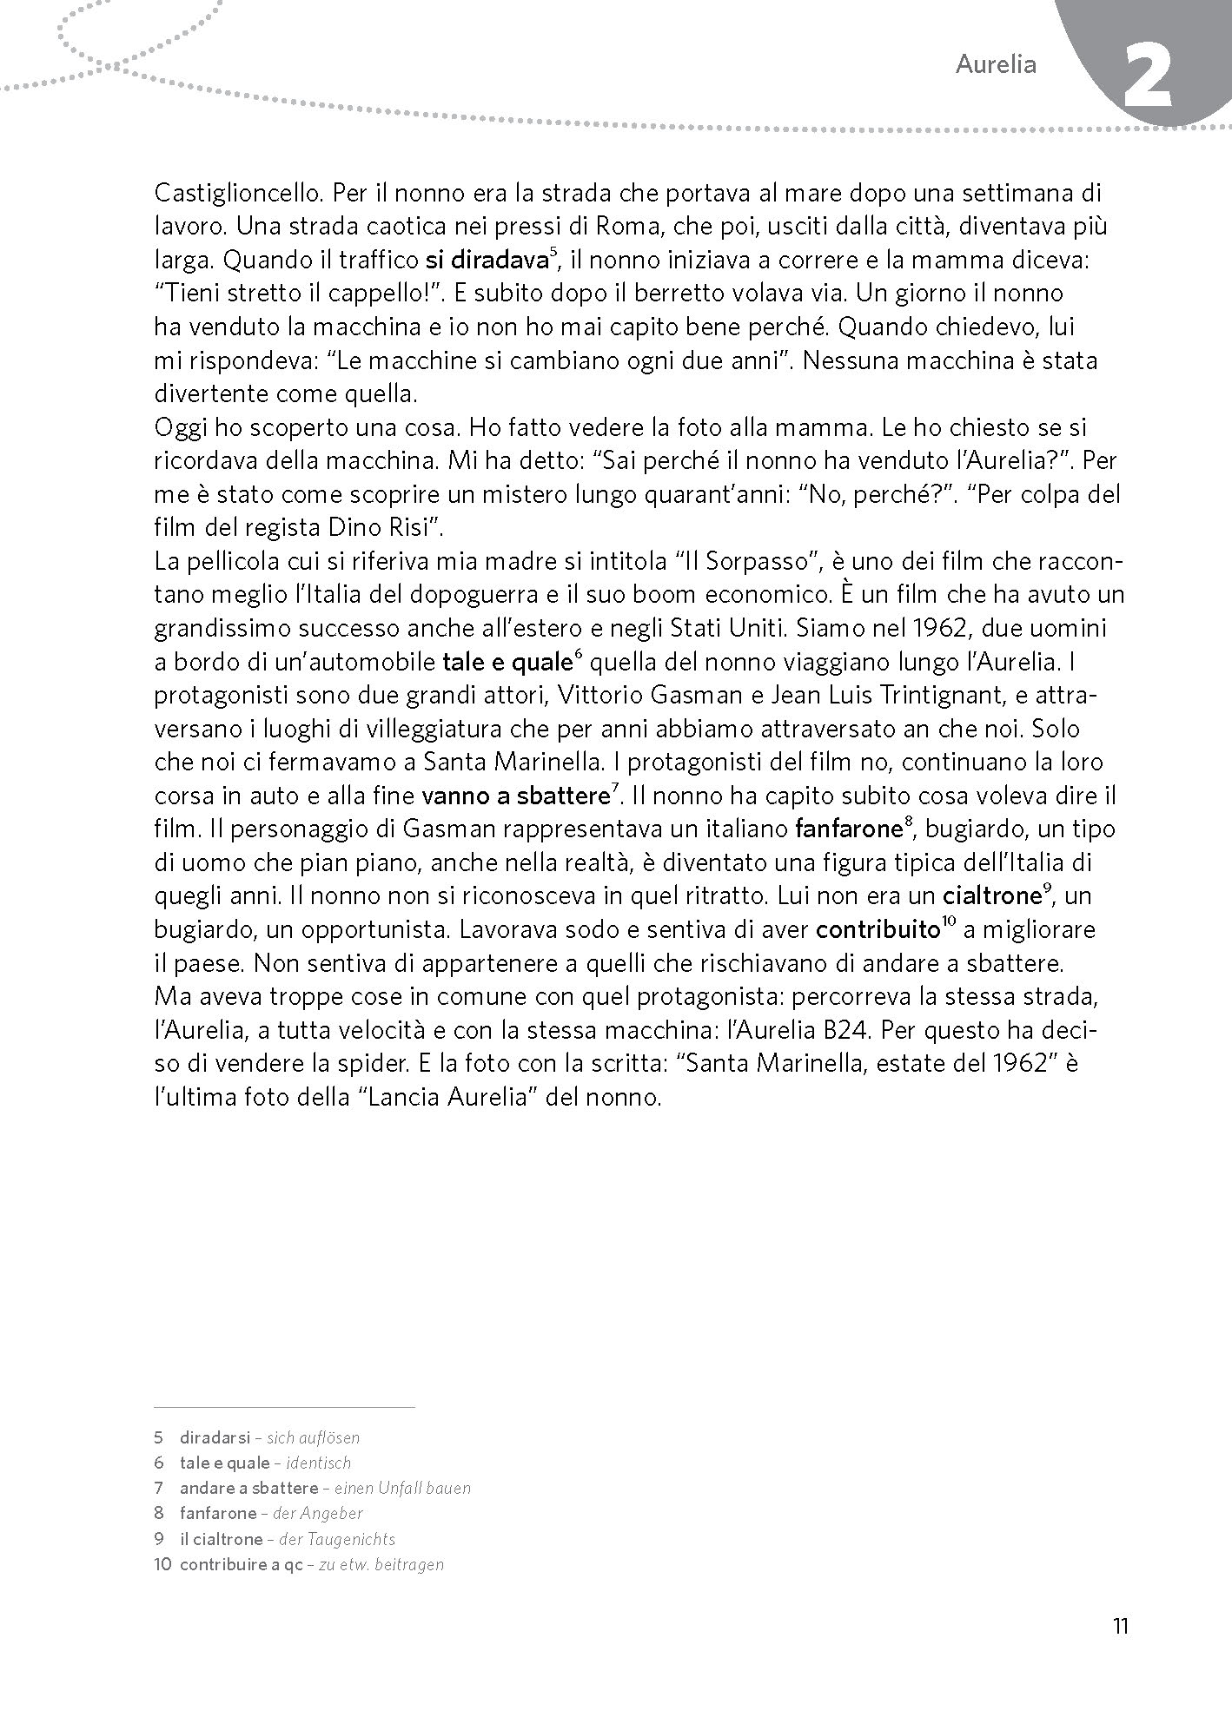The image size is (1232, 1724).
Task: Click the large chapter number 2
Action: [1148, 79]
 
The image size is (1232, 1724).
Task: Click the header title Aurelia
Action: [996, 64]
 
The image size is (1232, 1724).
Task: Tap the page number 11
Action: [1120, 1626]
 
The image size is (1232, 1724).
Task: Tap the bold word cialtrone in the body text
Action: [991, 895]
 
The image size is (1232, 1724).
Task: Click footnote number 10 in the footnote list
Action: [162, 1565]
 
